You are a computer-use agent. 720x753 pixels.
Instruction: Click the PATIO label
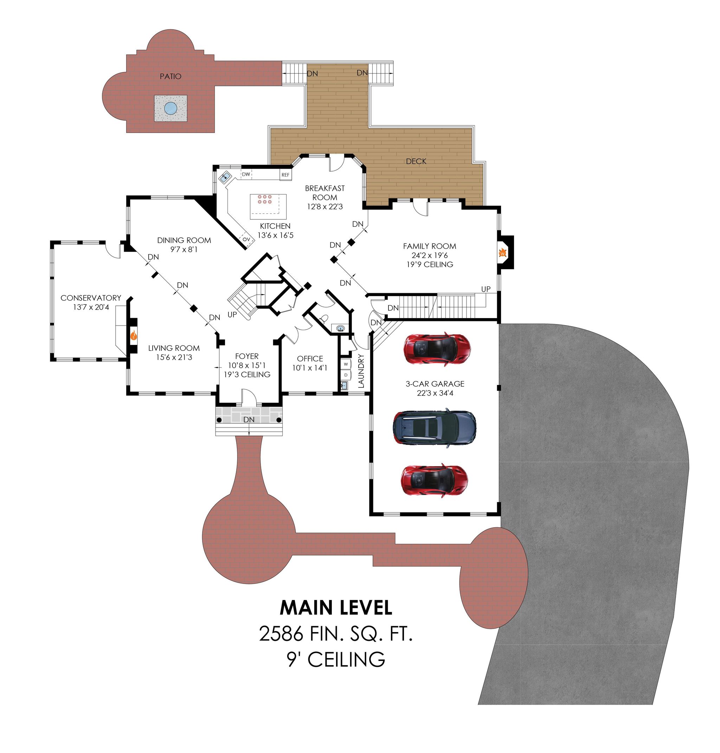(171, 76)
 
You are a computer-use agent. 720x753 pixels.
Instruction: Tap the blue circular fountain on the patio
(171, 108)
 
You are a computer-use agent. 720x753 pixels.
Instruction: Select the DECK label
(416, 161)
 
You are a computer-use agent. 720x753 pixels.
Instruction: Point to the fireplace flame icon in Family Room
(502, 253)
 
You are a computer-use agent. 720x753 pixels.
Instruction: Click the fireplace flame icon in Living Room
(134, 336)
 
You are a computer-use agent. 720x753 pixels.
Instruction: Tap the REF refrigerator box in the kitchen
(285, 175)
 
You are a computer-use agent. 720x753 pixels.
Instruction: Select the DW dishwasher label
(246, 174)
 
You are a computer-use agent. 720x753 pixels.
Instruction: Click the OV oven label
(246, 239)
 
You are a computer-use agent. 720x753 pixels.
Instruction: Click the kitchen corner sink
(225, 177)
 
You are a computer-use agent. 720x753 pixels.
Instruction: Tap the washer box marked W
(346, 364)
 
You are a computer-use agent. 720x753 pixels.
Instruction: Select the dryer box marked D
(346, 375)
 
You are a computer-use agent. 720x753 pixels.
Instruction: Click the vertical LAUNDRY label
(361, 371)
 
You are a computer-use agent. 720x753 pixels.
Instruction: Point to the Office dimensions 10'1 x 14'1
(310, 368)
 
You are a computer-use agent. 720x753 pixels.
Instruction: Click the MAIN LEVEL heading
(336, 608)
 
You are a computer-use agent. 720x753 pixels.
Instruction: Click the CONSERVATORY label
(91, 298)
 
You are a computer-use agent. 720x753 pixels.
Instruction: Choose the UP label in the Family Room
(486, 289)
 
